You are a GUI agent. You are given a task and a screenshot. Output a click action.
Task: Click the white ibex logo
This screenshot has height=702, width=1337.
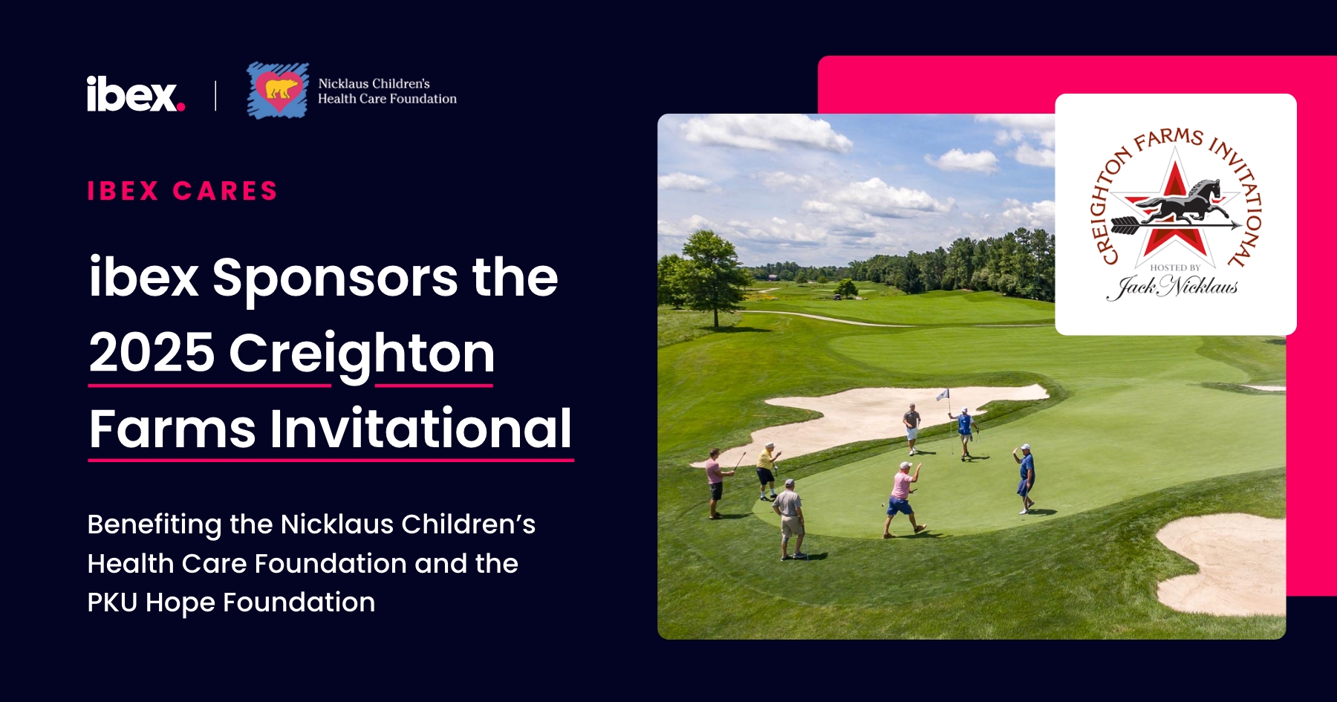[136, 94]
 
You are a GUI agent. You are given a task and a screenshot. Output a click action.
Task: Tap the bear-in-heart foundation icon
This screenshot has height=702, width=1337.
[278, 90]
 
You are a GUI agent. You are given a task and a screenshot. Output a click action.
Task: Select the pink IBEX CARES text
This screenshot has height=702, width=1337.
[183, 191]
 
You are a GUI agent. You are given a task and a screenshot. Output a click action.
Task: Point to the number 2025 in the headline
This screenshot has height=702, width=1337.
[152, 353]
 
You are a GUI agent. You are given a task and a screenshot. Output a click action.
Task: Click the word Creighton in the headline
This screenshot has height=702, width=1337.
[362, 355]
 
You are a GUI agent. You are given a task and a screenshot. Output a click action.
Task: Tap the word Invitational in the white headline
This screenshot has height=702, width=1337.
[420, 429]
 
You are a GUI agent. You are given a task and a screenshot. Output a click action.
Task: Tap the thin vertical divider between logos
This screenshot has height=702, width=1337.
[215, 96]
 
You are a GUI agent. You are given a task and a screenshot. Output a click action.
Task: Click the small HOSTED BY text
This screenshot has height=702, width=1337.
[1175, 267]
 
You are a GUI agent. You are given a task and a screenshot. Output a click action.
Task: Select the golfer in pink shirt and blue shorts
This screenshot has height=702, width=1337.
[902, 499]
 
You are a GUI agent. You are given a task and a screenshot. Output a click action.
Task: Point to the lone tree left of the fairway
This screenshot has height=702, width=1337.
[712, 275]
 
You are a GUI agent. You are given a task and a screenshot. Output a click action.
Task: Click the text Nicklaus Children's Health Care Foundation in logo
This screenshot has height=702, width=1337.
[387, 91]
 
